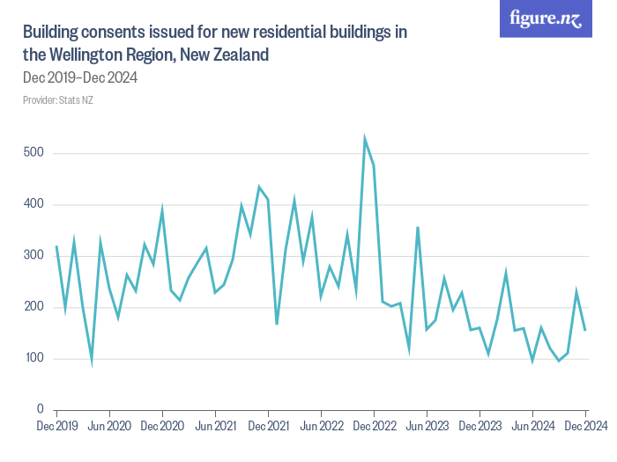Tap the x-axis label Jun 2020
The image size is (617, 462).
(x=109, y=427)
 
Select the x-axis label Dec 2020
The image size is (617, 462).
(x=162, y=427)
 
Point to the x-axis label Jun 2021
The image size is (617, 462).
(x=215, y=427)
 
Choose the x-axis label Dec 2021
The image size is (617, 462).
(x=268, y=427)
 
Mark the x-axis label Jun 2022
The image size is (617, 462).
(x=321, y=427)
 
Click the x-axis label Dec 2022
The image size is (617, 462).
(x=374, y=427)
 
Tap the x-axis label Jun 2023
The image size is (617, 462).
(x=427, y=427)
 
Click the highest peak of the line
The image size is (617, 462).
(x=365, y=139)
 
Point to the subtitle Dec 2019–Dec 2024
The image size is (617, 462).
(x=80, y=77)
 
